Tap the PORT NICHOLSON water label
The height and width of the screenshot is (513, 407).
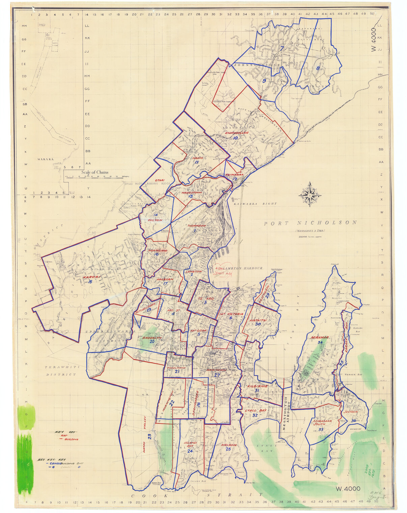point(310,223)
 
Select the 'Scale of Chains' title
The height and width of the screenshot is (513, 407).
point(95,172)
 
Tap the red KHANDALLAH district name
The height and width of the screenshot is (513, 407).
point(237,133)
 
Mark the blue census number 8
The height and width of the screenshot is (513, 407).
point(318,69)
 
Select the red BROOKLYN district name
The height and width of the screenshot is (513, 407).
point(152,337)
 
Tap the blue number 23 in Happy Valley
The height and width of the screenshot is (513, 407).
point(149,436)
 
